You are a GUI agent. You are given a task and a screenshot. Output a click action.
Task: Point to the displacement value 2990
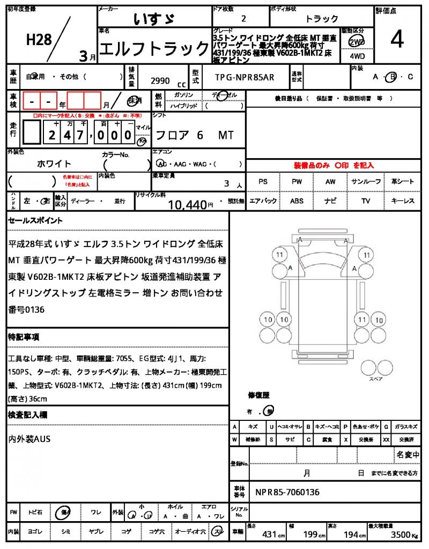coord(160,81)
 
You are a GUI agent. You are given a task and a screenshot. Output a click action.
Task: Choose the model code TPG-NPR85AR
coord(245,77)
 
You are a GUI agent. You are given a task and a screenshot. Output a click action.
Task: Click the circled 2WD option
coord(354,41)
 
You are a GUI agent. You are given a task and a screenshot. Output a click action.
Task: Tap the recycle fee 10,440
coord(187,204)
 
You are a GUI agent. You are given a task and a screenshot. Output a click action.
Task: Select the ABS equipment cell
coord(297,201)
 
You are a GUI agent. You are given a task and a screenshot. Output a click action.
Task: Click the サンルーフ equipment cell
coord(366,182)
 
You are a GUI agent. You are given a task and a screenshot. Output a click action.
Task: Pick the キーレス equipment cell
coord(402,201)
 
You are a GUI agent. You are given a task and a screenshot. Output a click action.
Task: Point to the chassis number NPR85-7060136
coord(287,492)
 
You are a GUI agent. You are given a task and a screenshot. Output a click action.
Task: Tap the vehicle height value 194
coord(352,535)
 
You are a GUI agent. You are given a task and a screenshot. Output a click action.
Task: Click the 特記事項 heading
coord(24,337)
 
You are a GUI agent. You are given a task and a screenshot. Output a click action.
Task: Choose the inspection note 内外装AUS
coord(29,439)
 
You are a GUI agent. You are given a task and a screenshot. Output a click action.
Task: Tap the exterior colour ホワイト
coord(54,164)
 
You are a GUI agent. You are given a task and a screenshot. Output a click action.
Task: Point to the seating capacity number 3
coord(227,183)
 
